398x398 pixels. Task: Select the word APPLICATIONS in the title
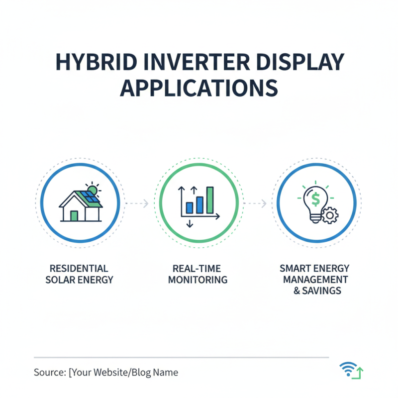coord(199,88)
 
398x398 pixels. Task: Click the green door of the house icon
coord(74,215)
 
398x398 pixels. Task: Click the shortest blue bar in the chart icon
coord(190,207)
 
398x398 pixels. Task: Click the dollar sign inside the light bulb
coord(315,200)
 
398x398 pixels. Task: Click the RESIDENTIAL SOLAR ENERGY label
coord(79,274)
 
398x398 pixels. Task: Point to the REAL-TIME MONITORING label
coord(198,274)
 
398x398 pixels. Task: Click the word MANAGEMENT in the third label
coord(315,279)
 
